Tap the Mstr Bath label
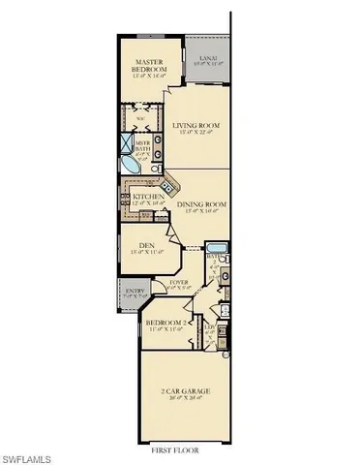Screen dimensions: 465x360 (142, 146)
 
